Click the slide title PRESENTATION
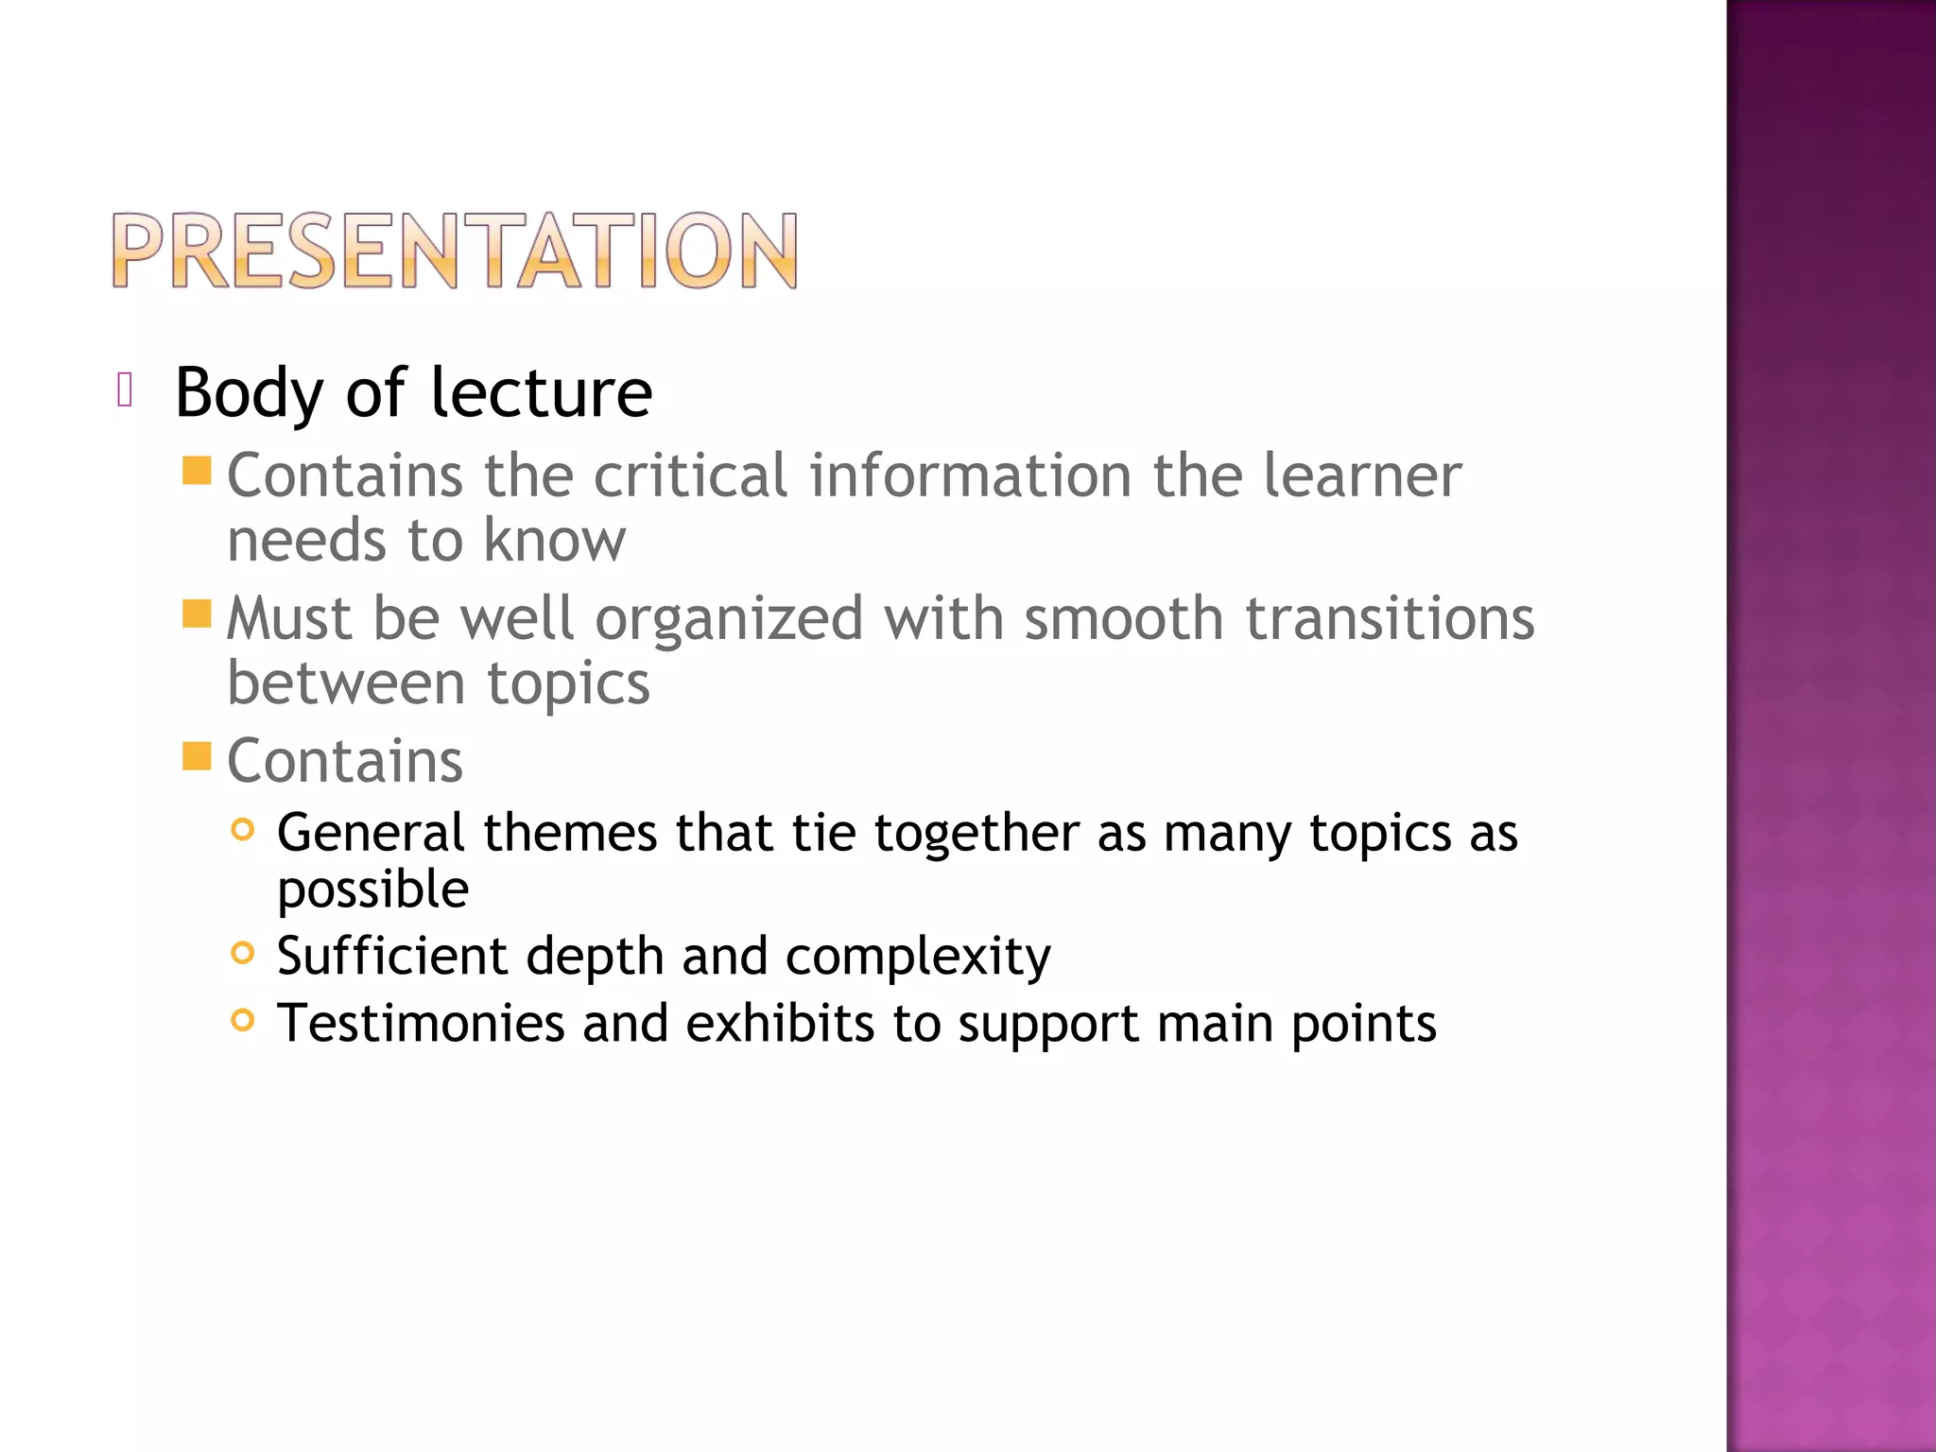[455, 251]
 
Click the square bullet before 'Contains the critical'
[197, 471]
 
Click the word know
[554, 541]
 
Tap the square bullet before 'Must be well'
[197, 614]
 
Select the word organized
[729, 620]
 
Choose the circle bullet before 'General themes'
[243, 830]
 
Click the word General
[371, 834]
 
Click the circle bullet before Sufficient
[243, 953]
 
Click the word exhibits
[780, 1024]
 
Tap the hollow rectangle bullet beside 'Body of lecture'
[125, 389]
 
